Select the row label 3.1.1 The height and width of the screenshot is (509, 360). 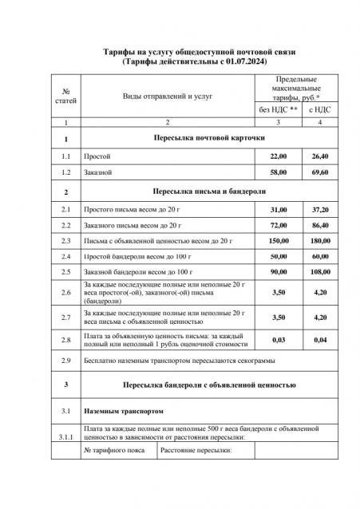[65, 437]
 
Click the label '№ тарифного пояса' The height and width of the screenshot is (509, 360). [116, 452]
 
